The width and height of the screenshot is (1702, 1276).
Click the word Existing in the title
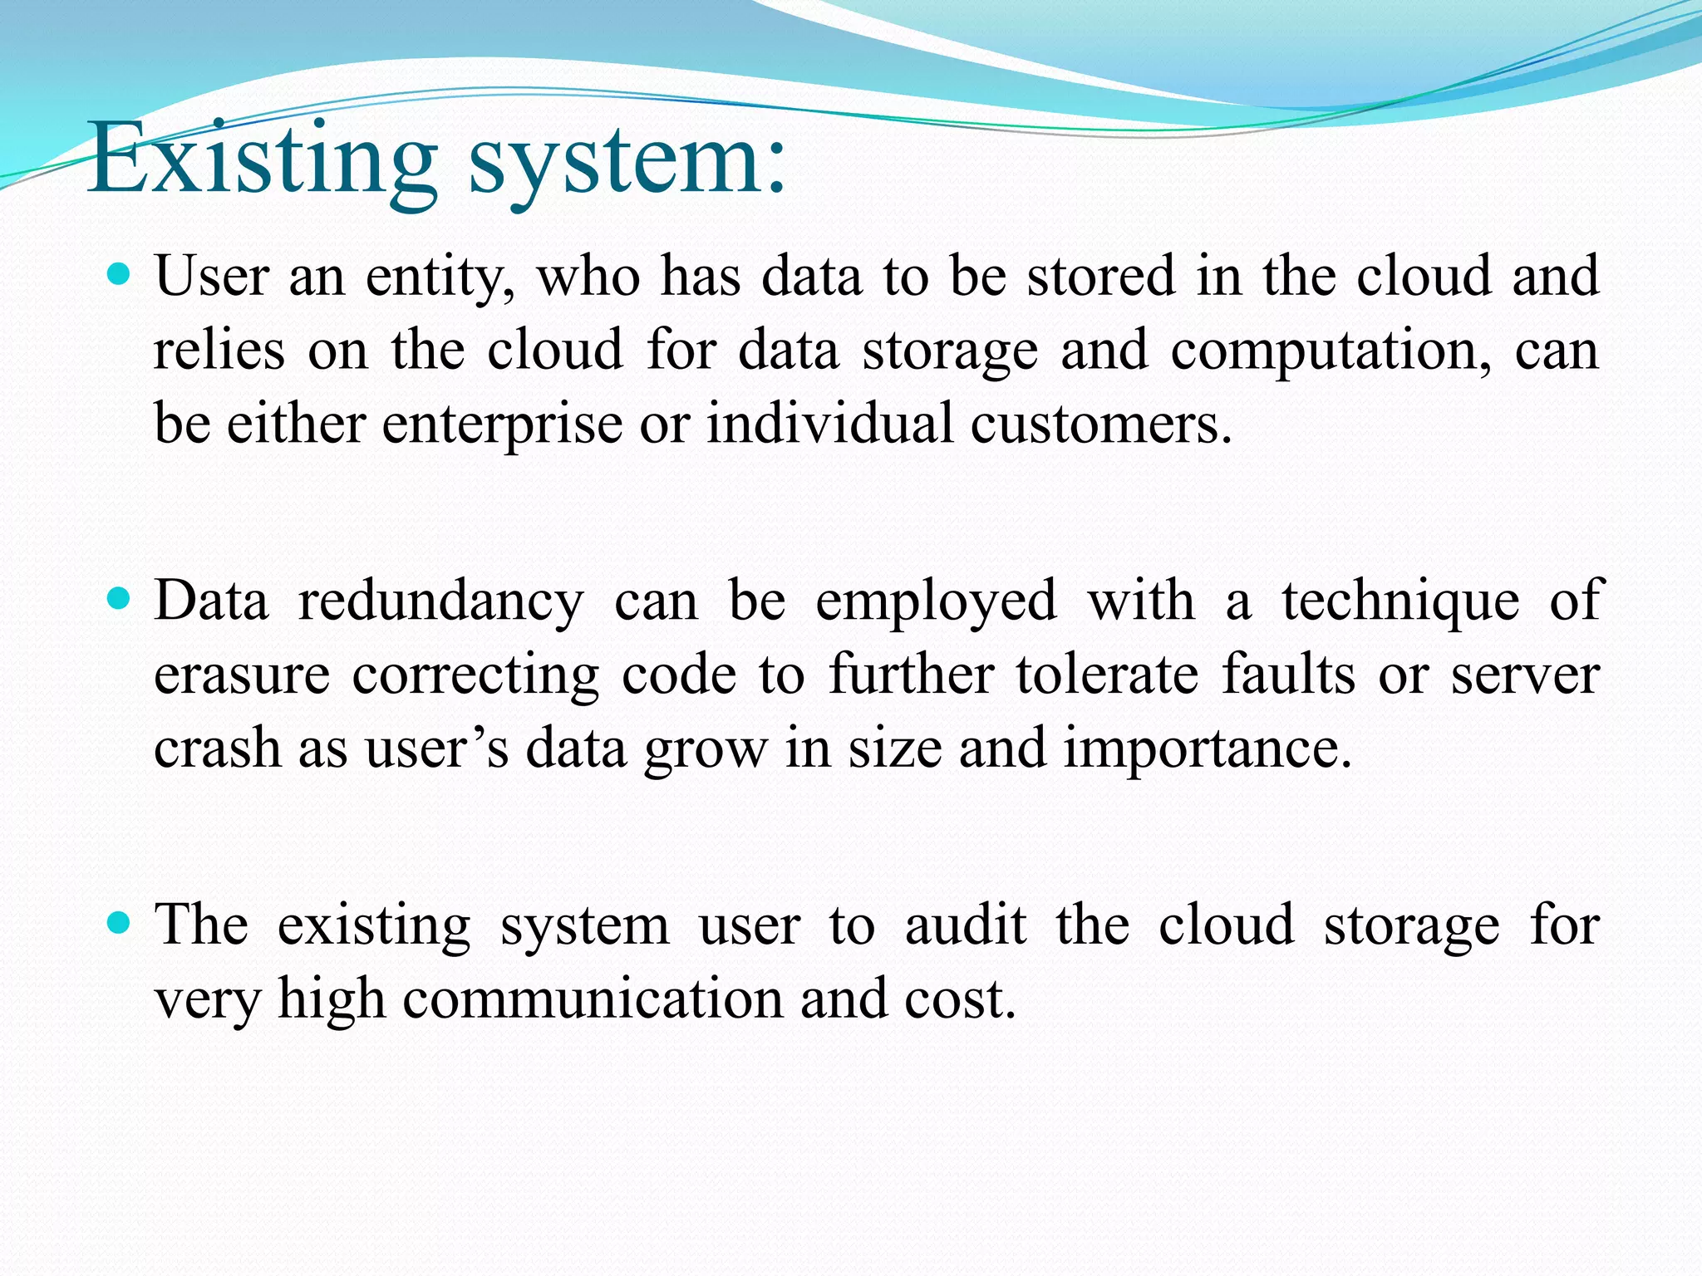263,158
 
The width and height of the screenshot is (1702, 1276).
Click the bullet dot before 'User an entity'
121,273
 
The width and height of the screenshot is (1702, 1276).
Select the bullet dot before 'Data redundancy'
121,598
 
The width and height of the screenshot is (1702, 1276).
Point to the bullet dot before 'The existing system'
121,922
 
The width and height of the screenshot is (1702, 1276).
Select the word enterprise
502,425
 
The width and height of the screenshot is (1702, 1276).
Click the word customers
1101,425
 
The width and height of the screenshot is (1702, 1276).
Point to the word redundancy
441,601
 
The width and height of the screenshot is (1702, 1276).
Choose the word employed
936,601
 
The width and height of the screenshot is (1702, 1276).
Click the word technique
1400,601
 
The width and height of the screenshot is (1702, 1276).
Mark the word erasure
242,675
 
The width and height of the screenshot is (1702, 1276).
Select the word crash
217,748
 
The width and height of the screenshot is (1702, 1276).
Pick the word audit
966,925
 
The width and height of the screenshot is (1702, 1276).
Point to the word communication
593,999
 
